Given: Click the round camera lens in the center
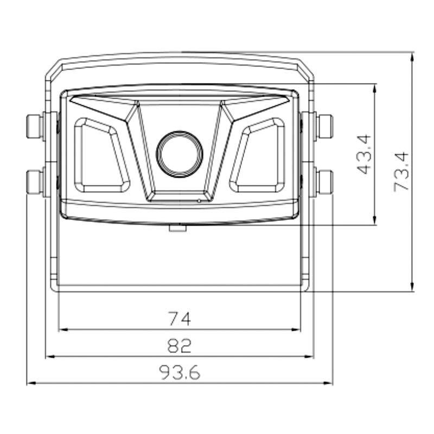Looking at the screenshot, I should click(180, 154).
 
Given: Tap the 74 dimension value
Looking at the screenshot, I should click(180, 320).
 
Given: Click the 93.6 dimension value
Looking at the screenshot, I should click(180, 373).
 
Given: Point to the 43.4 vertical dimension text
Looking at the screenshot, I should click(364, 154).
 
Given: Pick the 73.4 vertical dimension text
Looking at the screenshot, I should click(401, 171).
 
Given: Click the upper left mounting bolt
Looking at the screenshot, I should click(35, 126).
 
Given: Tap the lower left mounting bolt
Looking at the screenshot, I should click(35, 182).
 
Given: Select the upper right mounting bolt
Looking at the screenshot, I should click(324, 126).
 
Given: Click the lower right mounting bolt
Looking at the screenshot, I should click(324, 182).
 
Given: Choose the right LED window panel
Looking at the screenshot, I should click(258, 156).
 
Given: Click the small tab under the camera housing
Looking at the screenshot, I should click(178, 228).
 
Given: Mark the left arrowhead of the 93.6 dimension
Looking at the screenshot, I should click(30, 383).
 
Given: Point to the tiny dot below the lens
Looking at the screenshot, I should click(199, 201).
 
